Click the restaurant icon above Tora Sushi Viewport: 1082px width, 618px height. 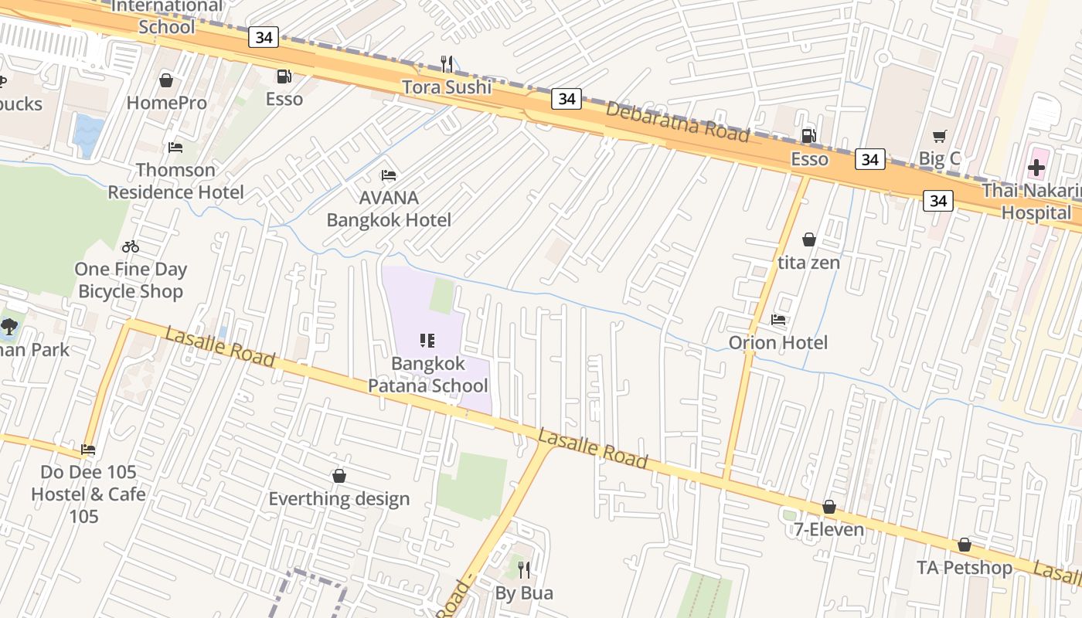click(x=447, y=63)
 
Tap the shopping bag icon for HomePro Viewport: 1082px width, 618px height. click(x=166, y=80)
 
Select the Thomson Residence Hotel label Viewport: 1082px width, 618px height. click(x=175, y=181)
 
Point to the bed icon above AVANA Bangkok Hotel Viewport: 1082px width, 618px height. click(x=389, y=176)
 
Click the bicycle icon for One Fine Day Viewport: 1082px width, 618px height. click(x=131, y=246)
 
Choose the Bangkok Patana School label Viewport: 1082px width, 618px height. click(x=427, y=375)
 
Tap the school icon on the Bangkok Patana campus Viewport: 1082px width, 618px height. click(x=427, y=340)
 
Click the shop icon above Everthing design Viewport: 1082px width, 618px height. click(x=339, y=476)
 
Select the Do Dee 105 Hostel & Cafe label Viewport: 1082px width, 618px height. click(x=88, y=494)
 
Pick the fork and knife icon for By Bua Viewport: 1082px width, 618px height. click(x=524, y=570)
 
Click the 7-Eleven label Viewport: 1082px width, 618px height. click(x=829, y=530)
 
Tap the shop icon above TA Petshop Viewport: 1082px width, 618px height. click(x=964, y=545)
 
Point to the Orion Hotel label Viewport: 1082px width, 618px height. click(x=777, y=342)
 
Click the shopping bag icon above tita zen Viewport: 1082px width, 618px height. click(x=809, y=239)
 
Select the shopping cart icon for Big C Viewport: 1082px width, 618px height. click(x=940, y=137)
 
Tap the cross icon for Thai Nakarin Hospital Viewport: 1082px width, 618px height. click(x=1036, y=168)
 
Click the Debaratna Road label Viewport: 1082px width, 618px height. click(x=677, y=121)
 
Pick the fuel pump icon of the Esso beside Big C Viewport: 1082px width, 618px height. click(x=808, y=136)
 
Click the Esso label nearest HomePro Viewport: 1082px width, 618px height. click(x=284, y=99)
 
